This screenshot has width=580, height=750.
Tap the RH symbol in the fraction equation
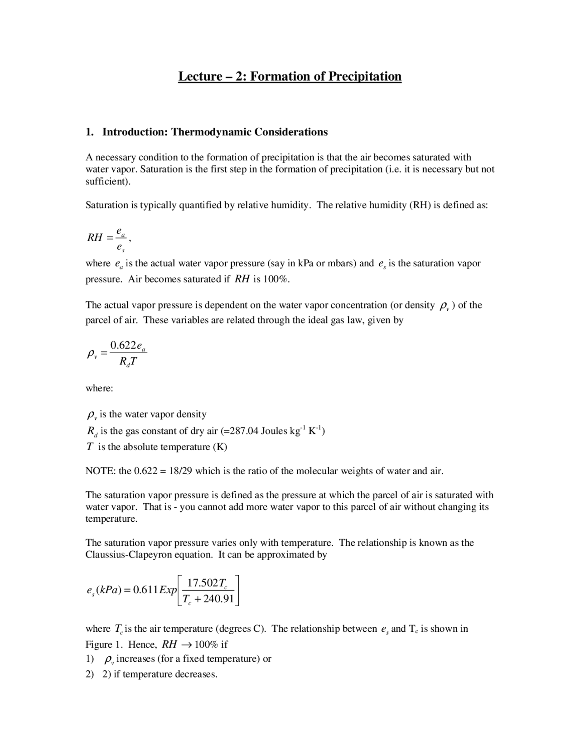coord(95,237)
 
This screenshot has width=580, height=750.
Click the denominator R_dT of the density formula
coord(128,362)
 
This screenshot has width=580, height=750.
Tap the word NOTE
coord(100,471)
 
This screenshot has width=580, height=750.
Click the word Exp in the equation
coord(168,590)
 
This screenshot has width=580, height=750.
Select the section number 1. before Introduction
coord(90,132)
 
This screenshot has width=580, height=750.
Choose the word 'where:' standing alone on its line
coord(99,389)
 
